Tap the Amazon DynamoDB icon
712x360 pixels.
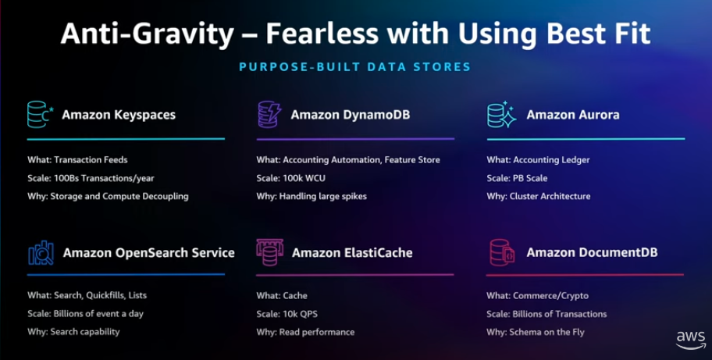(269, 114)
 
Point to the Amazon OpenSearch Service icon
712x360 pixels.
(40, 252)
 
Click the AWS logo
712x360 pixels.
(691, 339)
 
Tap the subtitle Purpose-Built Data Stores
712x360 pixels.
(355, 67)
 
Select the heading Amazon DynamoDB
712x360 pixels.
(351, 115)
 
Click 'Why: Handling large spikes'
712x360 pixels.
(311, 196)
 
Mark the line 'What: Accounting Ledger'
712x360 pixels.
(538, 160)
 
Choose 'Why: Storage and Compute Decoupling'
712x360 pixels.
(108, 196)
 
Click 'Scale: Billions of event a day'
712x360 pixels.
(85, 314)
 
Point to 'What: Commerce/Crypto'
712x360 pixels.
(537, 296)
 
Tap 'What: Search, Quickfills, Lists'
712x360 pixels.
(87, 296)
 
